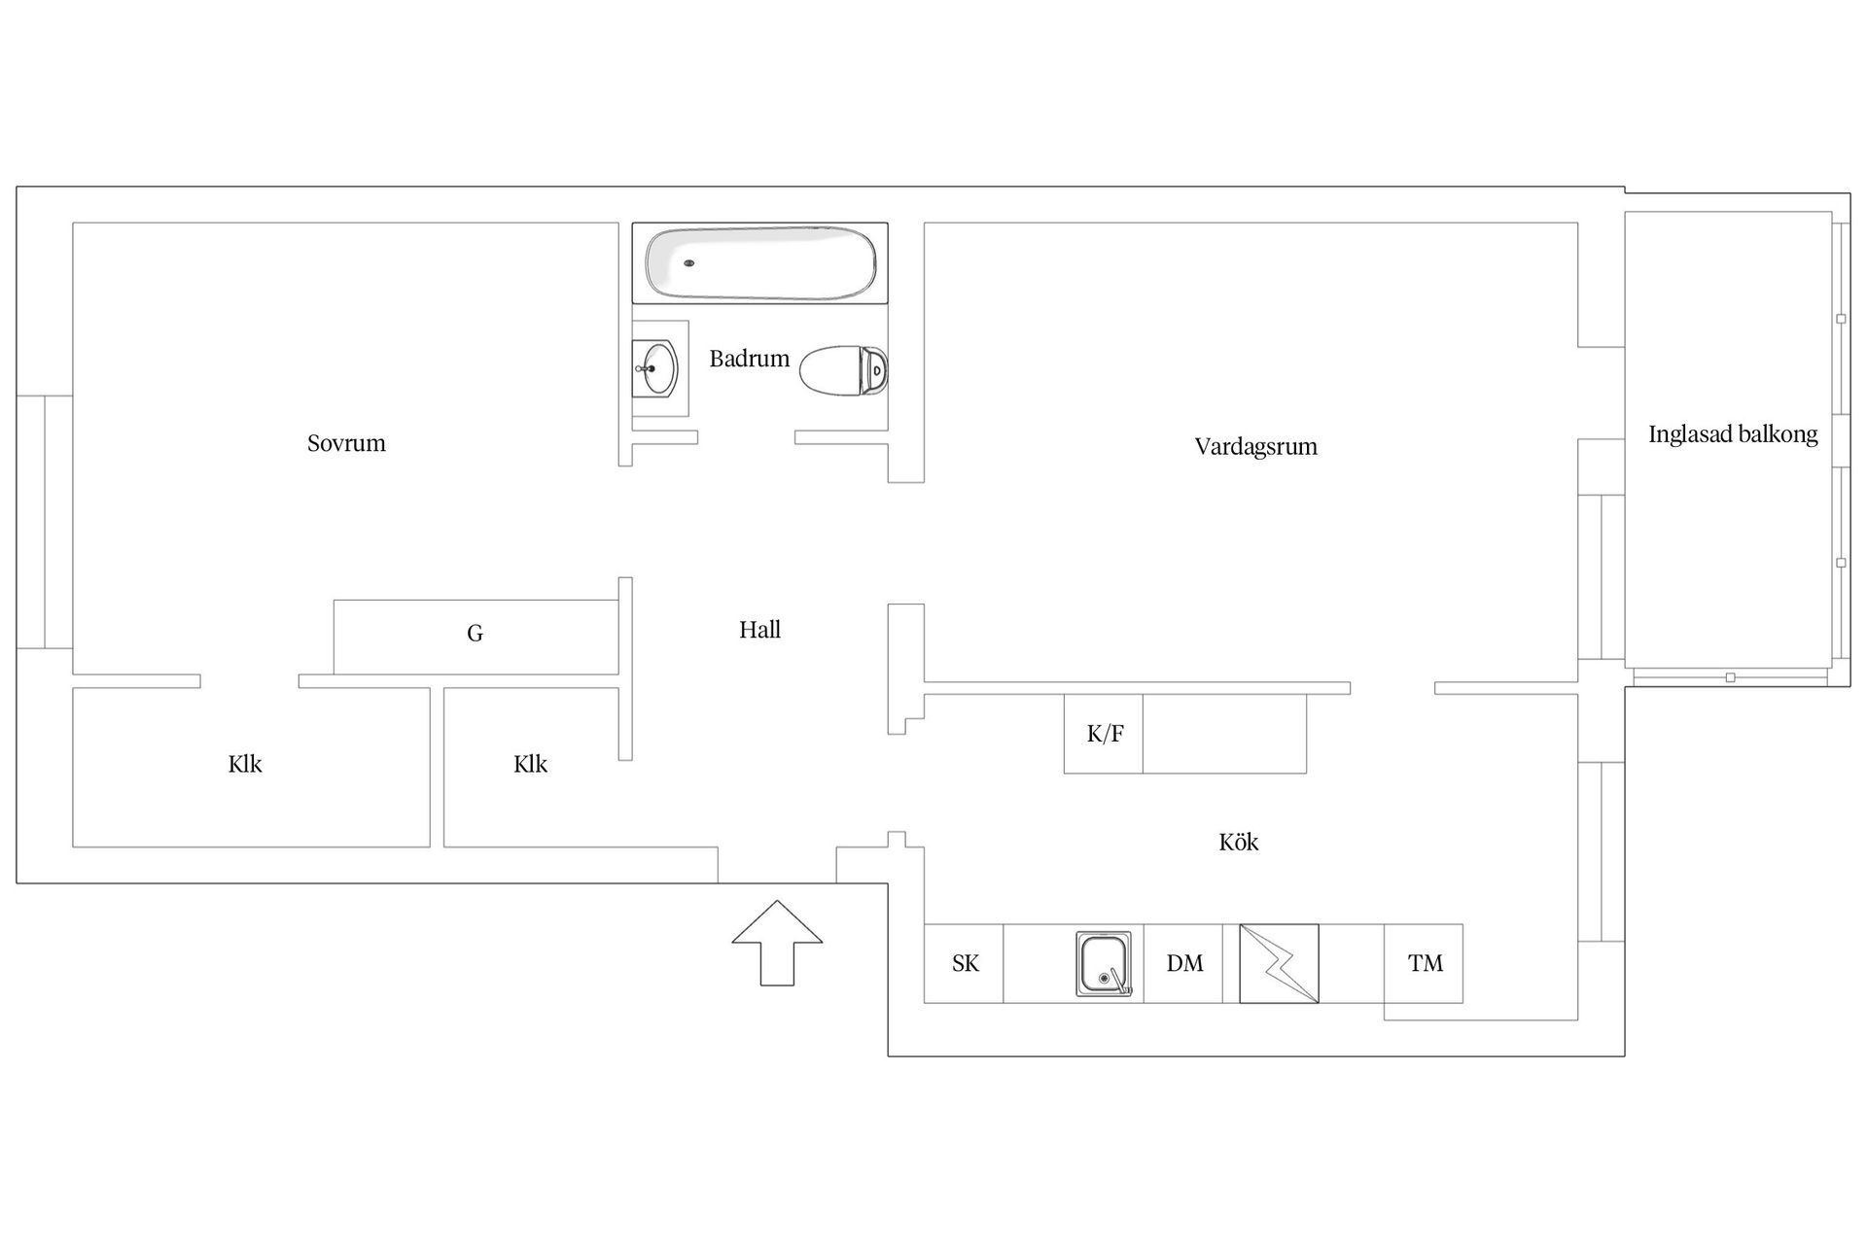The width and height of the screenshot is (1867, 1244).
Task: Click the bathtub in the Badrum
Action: click(760, 263)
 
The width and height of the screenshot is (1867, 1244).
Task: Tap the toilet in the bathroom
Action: click(843, 370)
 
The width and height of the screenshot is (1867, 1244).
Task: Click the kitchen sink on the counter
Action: click(1104, 963)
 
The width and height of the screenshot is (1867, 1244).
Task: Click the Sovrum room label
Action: click(346, 444)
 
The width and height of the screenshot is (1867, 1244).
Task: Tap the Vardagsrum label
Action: click(1255, 447)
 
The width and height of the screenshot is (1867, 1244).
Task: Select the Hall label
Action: click(759, 630)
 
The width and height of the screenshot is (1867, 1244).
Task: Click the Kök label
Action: click(1238, 843)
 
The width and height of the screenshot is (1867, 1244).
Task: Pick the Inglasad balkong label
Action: click(1732, 434)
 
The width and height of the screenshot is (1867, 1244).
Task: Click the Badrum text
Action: click(749, 359)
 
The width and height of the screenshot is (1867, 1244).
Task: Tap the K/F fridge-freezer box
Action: click(1104, 734)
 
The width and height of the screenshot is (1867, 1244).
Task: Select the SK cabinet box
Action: click(964, 963)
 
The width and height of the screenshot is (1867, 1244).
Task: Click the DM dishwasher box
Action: click(1183, 963)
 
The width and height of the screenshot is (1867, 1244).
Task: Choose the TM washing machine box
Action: click(1424, 963)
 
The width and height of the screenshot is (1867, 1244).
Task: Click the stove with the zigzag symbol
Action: click(1279, 963)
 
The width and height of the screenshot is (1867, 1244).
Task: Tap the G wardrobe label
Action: click(475, 634)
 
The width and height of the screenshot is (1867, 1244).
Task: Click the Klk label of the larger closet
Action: click(245, 765)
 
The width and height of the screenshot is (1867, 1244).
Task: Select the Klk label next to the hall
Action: click(530, 765)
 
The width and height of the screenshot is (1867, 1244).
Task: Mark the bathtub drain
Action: click(689, 263)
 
